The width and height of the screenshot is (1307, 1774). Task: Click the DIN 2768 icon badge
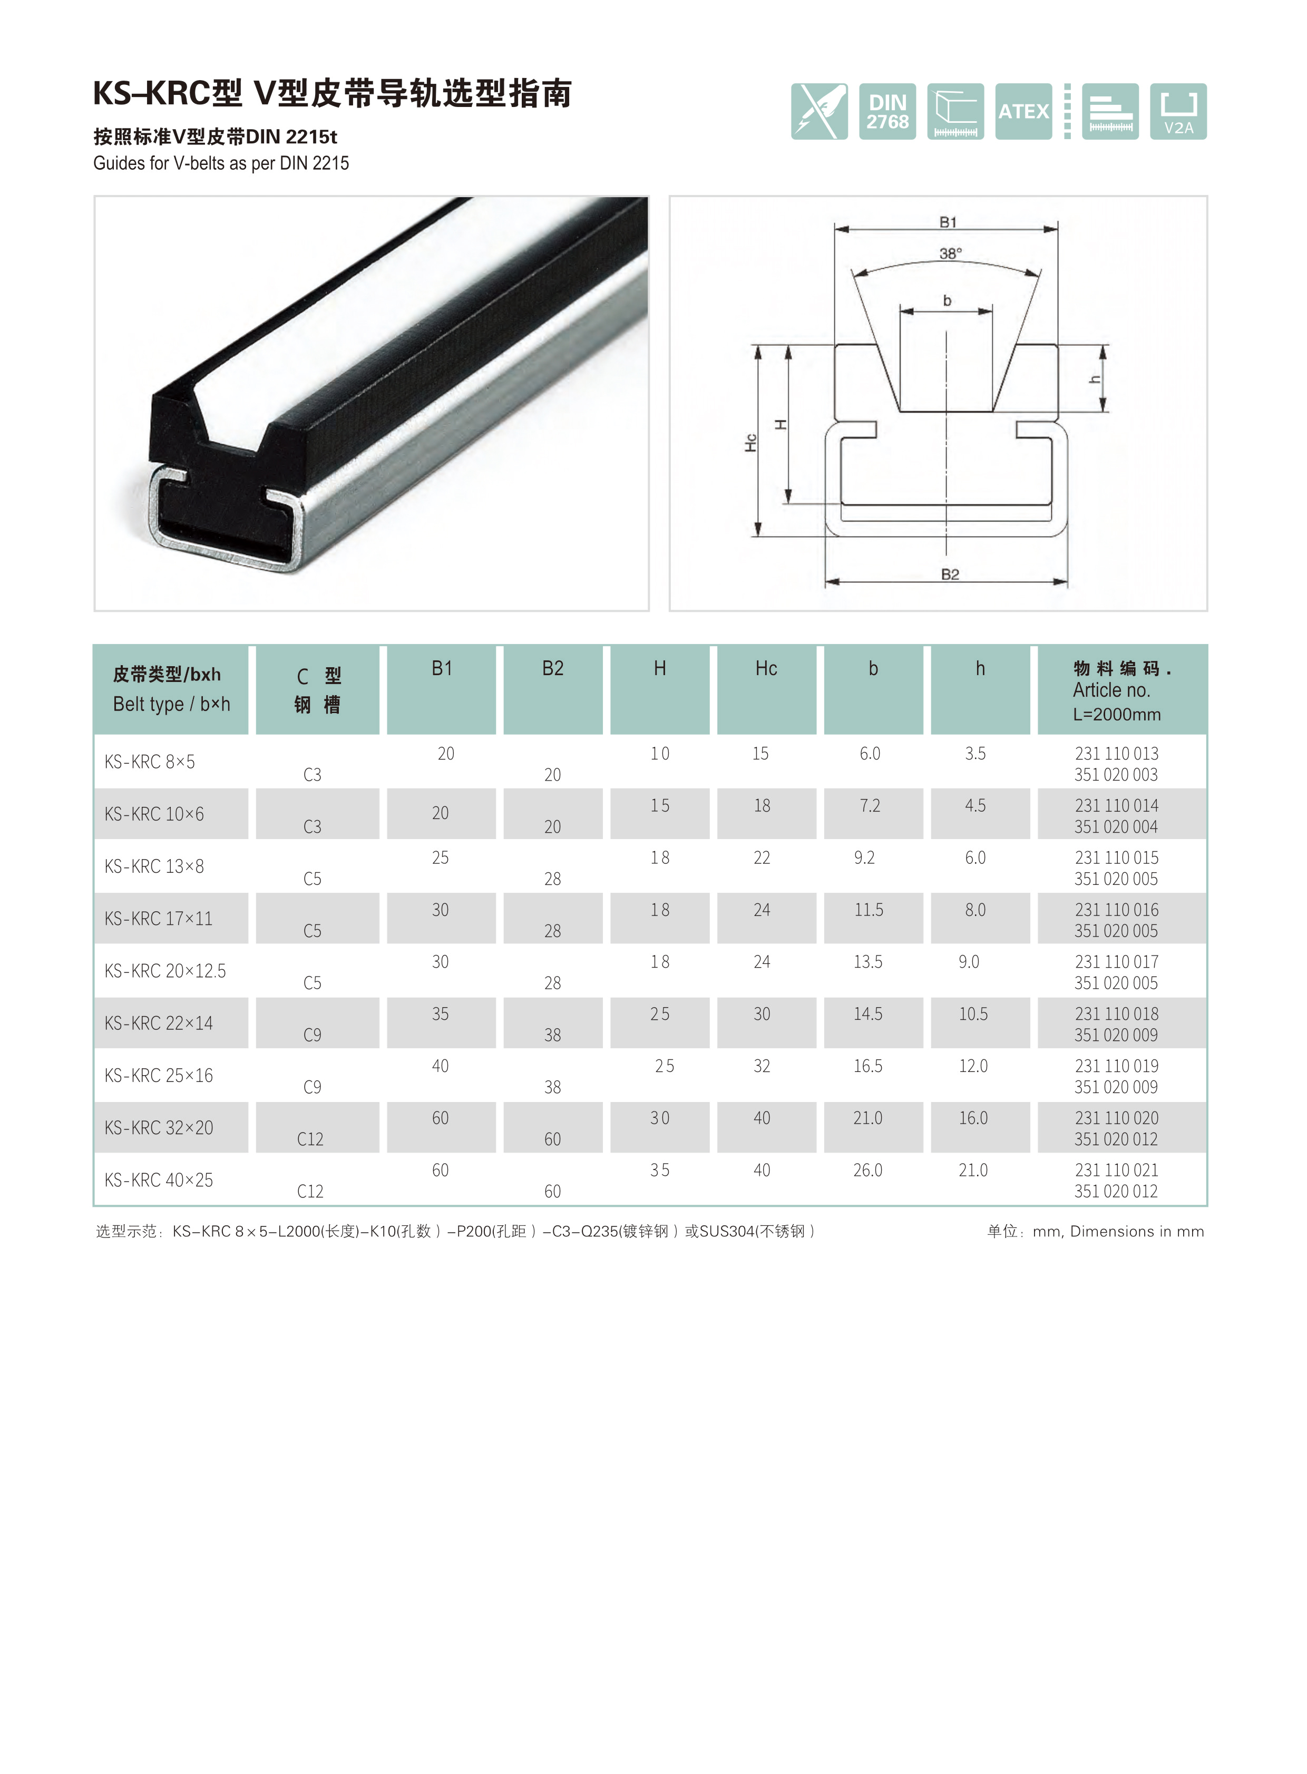coord(887,112)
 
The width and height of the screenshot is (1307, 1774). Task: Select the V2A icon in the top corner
coord(1178,112)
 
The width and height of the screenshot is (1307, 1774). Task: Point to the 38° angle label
coord(950,253)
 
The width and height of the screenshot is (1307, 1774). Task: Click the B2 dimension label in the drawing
coord(949,574)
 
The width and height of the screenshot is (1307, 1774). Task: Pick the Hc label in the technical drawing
coord(751,443)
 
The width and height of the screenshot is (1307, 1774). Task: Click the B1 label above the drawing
coord(948,222)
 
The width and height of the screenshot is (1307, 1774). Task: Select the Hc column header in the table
coord(766,669)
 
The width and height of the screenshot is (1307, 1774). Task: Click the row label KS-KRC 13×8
coord(154,866)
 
